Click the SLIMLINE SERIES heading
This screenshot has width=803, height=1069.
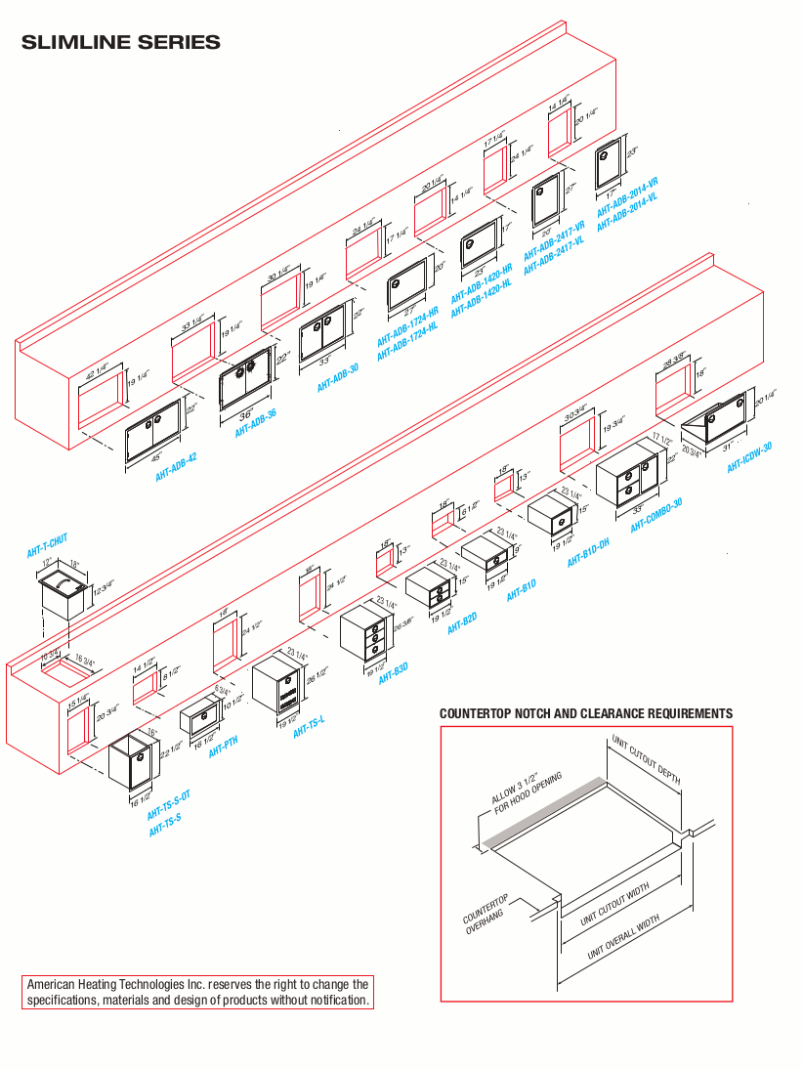click(120, 43)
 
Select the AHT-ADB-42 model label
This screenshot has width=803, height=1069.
click(176, 469)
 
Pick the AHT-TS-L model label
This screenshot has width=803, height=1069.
click(309, 723)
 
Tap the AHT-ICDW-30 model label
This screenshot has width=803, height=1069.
click(749, 457)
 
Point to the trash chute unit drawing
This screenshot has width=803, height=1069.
click(63, 592)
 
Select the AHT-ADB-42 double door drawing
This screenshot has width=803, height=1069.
click(152, 431)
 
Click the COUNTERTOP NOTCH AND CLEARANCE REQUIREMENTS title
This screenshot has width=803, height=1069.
click(586, 714)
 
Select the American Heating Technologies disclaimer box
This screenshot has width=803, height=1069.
click(197, 992)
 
